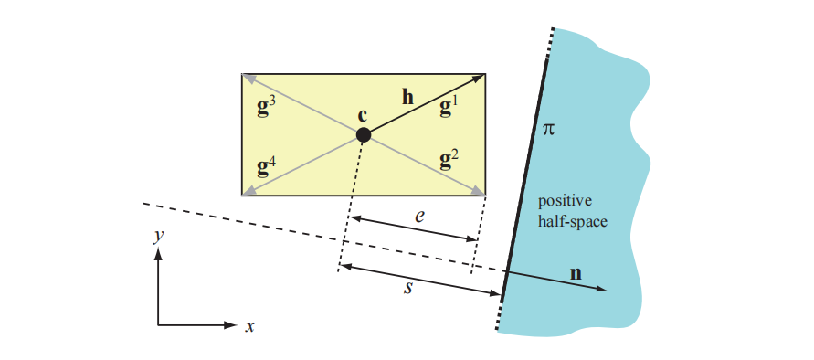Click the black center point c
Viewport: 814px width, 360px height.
(x=363, y=135)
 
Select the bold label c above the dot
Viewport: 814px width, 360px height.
(x=363, y=115)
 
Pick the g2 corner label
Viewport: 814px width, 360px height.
(x=449, y=161)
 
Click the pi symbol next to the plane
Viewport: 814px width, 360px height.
(x=548, y=131)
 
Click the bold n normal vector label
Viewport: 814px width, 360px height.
(x=576, y=272)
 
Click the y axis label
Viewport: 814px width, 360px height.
(x=158, y=236)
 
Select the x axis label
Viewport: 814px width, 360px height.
(x=248, y=325)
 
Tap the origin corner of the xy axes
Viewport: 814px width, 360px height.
(x=158, y=324)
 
